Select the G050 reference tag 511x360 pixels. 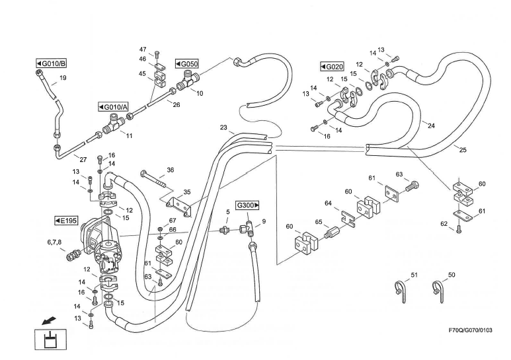point(187,63)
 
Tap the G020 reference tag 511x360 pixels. point(332,67)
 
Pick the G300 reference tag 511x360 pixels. point(247,205)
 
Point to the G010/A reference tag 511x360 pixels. point(115,107)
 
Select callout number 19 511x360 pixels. point(63,78)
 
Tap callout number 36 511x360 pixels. point(171,170)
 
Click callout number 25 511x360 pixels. point(463,150)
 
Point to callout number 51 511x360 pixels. point(414,274)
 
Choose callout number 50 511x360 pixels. point(452,274)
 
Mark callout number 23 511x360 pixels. point(223,127)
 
